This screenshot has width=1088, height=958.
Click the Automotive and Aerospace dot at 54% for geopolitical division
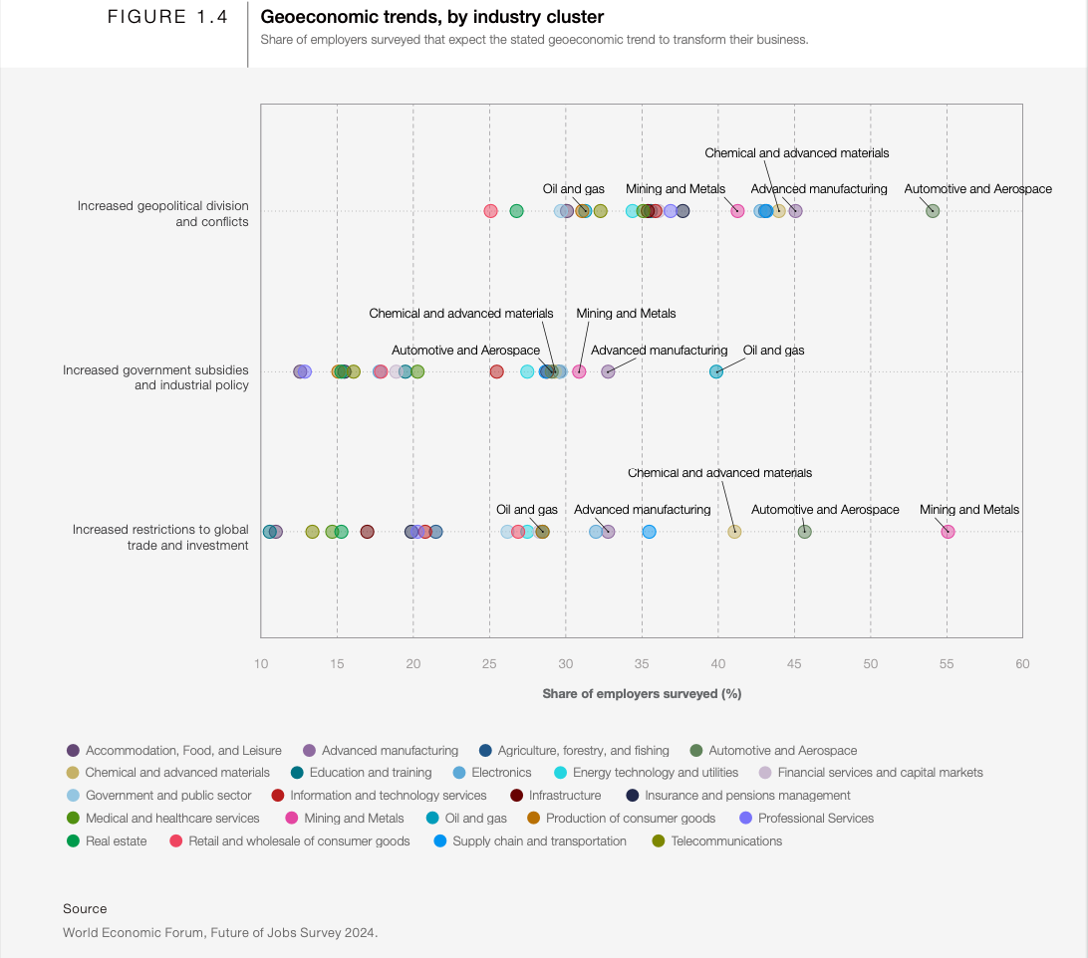pos(933,211)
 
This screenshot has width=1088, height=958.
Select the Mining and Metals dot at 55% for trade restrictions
pos(948,532)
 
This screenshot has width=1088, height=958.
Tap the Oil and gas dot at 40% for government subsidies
pos(716,371)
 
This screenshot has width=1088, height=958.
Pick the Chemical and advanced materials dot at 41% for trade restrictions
pos(734,532)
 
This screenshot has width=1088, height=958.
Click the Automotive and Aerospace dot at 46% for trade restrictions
pos(805,532)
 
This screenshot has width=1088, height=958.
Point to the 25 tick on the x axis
pos(489,664)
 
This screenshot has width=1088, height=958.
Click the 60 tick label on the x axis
pos(1022,664)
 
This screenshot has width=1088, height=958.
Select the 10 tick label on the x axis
pos(261,664)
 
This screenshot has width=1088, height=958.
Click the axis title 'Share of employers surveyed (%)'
pos(642,694)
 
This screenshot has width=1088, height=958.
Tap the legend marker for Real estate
pos(73,841)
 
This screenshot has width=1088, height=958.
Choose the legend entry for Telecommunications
pos(726,841)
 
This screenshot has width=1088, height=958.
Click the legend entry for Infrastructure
pos(565,796)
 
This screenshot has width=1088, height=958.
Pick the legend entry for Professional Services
pos(815,819)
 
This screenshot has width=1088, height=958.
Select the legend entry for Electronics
pos(501,773)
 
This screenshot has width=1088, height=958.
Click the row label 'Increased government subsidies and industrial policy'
pos(155,377)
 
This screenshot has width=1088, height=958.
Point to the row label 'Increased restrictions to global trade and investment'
pos(160,537)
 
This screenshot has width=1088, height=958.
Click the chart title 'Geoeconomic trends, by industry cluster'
pos(431,17)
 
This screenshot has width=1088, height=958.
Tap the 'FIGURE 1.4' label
pos(167,17)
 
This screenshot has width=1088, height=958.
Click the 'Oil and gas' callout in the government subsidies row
pos(773,351)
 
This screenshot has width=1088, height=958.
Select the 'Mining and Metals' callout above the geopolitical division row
pos(676,189)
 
